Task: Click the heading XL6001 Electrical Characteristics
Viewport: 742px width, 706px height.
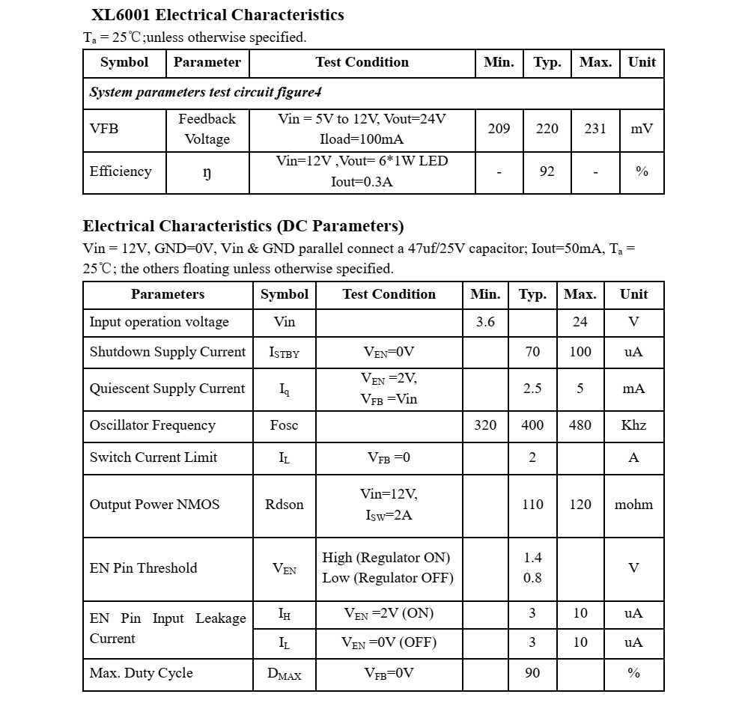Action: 217,15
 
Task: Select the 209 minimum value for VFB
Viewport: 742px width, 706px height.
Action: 499,129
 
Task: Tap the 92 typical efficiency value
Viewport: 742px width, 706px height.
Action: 547,171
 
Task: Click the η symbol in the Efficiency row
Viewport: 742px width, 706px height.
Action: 207,172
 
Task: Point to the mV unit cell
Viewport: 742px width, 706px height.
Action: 642,129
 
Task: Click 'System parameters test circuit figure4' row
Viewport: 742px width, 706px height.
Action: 206,92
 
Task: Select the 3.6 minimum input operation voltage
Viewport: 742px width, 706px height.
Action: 485,322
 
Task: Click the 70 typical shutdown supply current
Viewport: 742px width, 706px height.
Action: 532,352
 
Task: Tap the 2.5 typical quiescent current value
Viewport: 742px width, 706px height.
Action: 532,389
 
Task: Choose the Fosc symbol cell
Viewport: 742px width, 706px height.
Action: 284,425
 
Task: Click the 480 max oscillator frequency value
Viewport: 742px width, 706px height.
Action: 580,425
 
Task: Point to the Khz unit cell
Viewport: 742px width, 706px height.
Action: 633,425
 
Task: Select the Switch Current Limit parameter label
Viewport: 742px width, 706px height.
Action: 153,457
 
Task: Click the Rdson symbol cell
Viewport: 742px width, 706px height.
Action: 285,505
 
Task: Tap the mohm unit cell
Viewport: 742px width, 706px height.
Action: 633,505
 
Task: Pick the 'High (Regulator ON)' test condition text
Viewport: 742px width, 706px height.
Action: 386,558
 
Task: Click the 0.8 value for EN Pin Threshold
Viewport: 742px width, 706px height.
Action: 532,578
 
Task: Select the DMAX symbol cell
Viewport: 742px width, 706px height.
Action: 285,674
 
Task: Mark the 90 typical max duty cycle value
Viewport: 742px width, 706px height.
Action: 532,673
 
